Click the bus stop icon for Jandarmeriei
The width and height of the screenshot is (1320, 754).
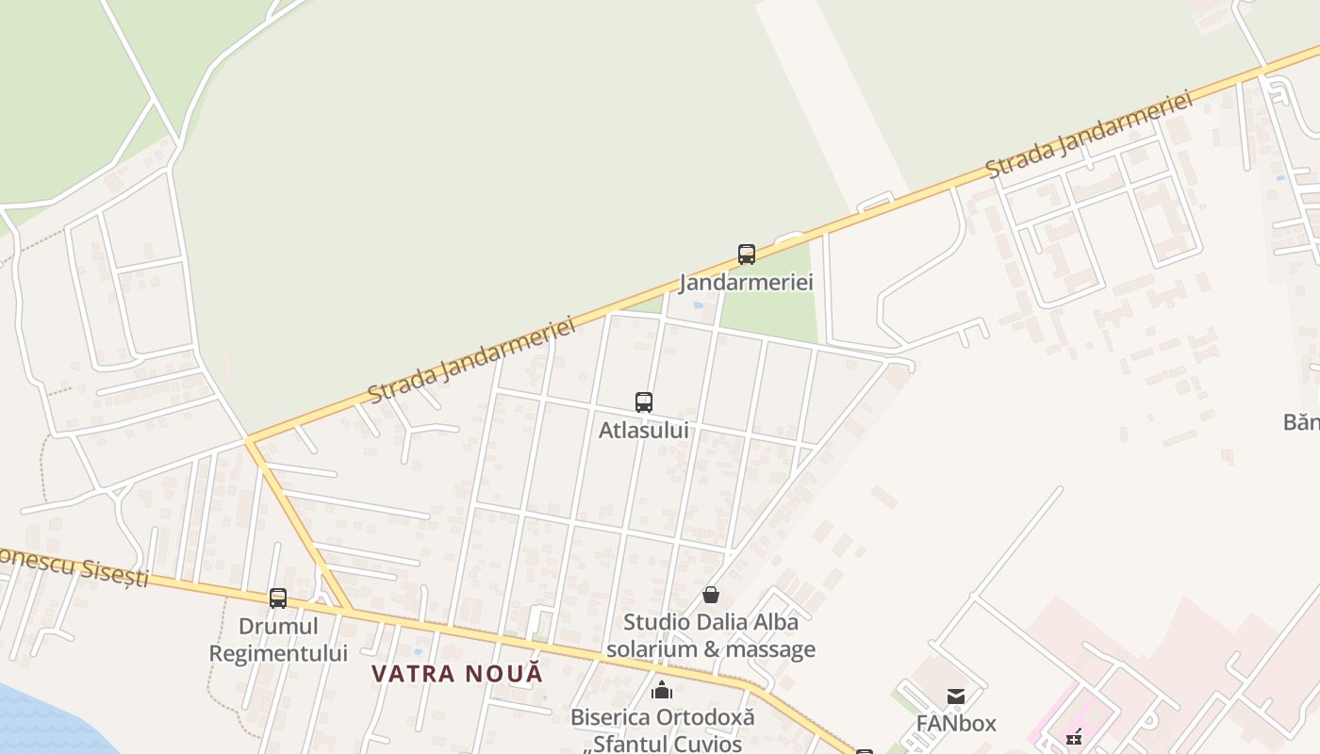(x=747, y=254)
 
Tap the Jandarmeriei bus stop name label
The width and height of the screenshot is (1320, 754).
(x=747, y=282)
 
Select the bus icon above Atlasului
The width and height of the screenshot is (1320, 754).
(x=644, y=402)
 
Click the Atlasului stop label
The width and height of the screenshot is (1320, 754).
(x=644, y=430)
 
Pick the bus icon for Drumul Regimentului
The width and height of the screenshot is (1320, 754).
(x=278, y=598)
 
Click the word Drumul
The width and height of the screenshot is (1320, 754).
(x=278, y=626)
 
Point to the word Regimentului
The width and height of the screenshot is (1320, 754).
(x=278, y=652)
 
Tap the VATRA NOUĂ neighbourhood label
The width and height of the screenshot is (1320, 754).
(x=457, y=674)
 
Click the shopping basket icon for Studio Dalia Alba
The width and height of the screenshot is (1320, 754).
(x=711, y=595)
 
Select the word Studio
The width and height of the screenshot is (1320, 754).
(x=656, y=622)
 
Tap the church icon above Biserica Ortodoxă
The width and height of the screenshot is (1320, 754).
(x=662, y=690)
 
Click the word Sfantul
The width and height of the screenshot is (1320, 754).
(x=629, y=743)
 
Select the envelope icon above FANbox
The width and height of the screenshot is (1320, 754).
(x=956, y=697)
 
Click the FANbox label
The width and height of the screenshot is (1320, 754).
(x=956, y=723)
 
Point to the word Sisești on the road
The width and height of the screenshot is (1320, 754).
(x=114, y=572)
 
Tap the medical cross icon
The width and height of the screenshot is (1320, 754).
(x=1074, y=738)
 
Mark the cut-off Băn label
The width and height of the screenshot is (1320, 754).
(x=1301, y=421)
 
